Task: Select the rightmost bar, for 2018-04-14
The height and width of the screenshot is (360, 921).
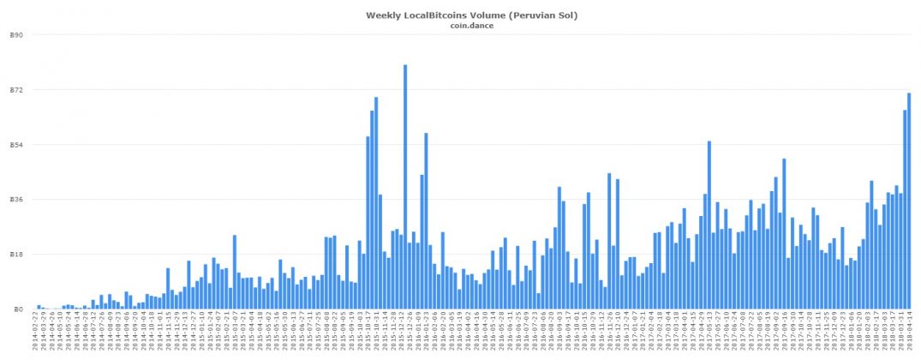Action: pos(908,201)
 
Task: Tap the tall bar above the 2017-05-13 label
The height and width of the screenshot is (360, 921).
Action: pos(709,225)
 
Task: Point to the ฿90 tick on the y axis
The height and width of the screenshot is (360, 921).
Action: pos(16,35)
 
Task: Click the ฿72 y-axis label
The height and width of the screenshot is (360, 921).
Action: pos(16,90)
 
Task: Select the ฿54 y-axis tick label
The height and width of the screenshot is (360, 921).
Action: pos(16,145)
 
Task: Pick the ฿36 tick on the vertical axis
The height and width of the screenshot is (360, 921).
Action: pos(16,200)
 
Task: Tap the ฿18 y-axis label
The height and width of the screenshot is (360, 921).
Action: pos(16,255)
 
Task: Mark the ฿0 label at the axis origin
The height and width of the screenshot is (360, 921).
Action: pos(19,309)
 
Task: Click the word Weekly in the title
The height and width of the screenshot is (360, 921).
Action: pos(384,15)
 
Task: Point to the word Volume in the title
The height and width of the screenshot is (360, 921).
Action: pos(490,15)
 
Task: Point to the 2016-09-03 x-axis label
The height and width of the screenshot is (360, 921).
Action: pos(561,332)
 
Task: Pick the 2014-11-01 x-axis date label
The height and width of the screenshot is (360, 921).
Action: pos(160,332)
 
